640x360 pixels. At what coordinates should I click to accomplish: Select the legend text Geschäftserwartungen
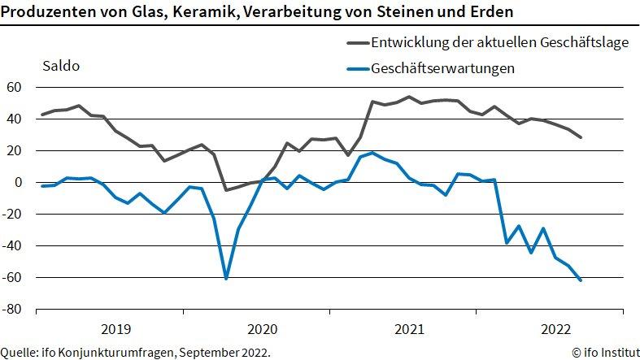pyautogui.click(x=442, y=68)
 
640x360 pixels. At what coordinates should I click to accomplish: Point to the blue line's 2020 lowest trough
pyautogui.click(x=226, y=278)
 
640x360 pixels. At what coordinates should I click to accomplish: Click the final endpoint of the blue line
pyautogui.click(x=581, y=280)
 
